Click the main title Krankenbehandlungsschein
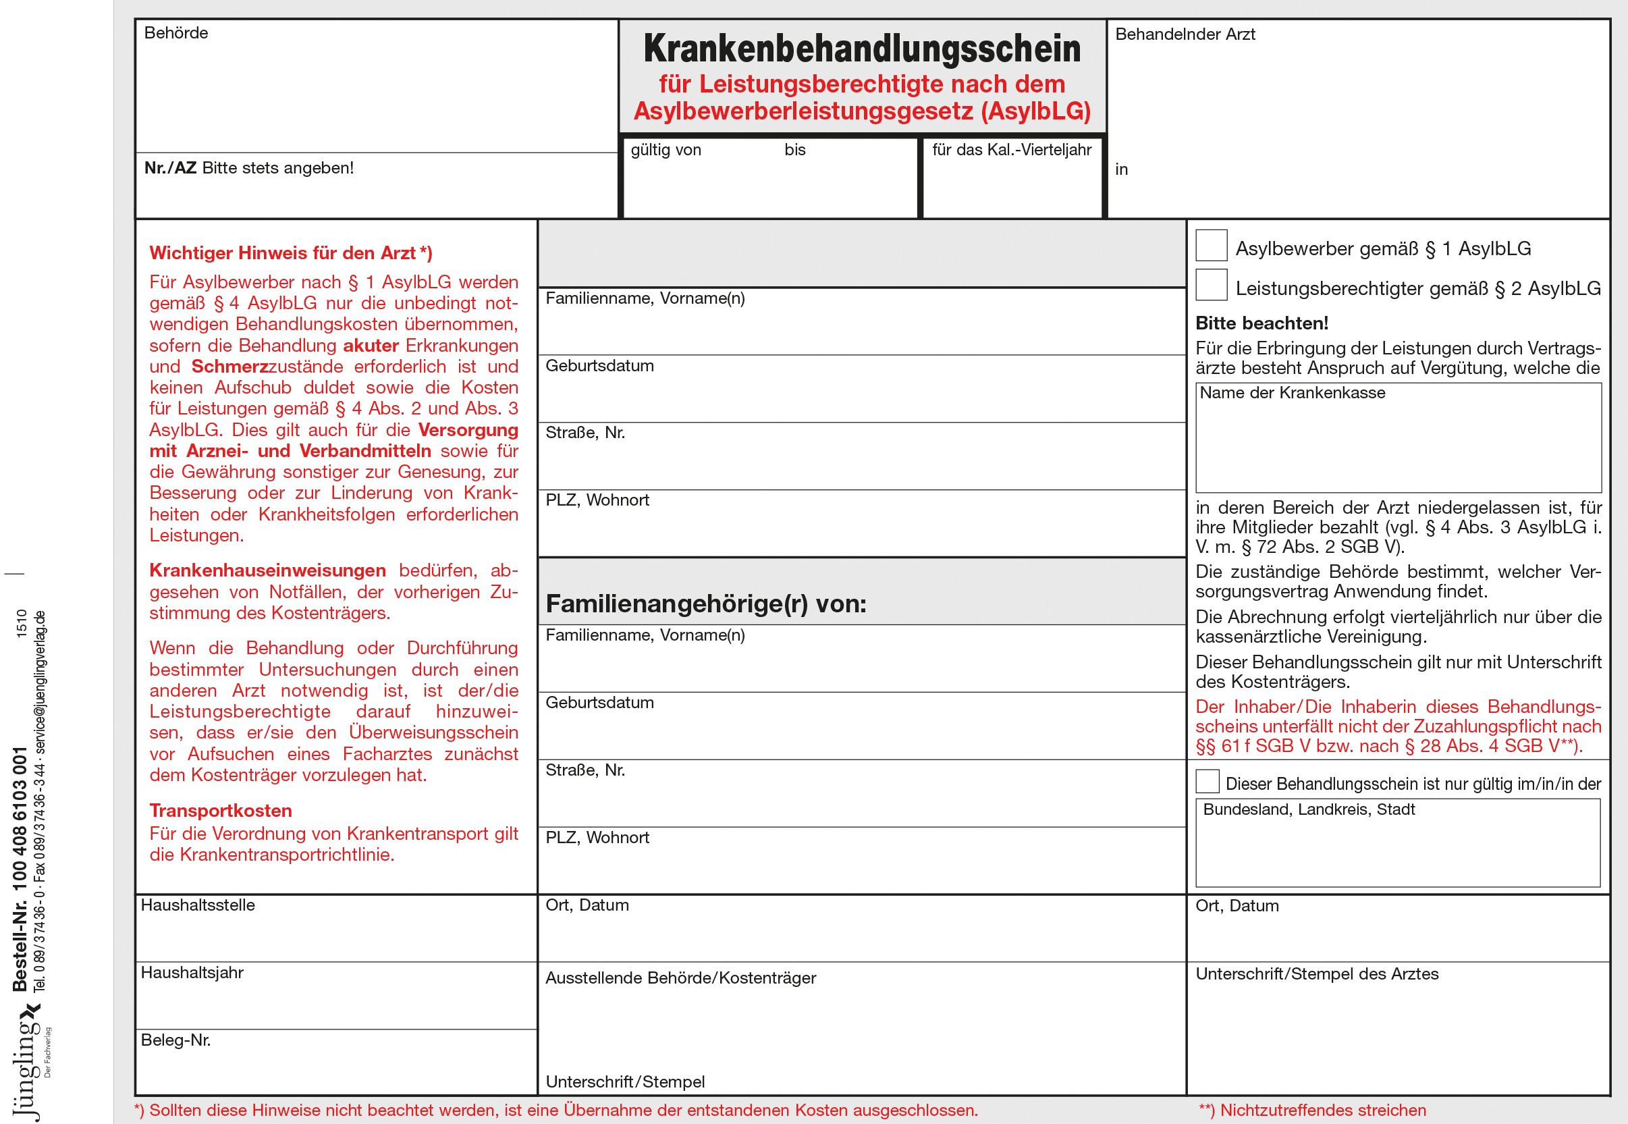862,49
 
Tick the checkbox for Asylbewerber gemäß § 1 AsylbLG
1211,245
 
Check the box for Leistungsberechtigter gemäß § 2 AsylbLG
1211,284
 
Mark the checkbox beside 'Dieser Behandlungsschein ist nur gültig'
1207,782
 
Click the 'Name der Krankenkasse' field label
1291,393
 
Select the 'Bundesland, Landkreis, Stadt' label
1308,809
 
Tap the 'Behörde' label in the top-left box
176,33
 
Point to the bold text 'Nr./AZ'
170,167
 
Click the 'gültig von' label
666,150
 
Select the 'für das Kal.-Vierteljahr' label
1011,150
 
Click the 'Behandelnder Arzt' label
1185,34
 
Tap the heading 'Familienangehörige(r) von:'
705,604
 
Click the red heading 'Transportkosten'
221,811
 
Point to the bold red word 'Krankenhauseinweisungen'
267,570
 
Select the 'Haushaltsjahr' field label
192,973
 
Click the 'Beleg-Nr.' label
175,1040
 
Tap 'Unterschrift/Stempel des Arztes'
1316,974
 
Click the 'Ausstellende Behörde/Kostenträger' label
680,978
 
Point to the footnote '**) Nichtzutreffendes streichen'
1311,1110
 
